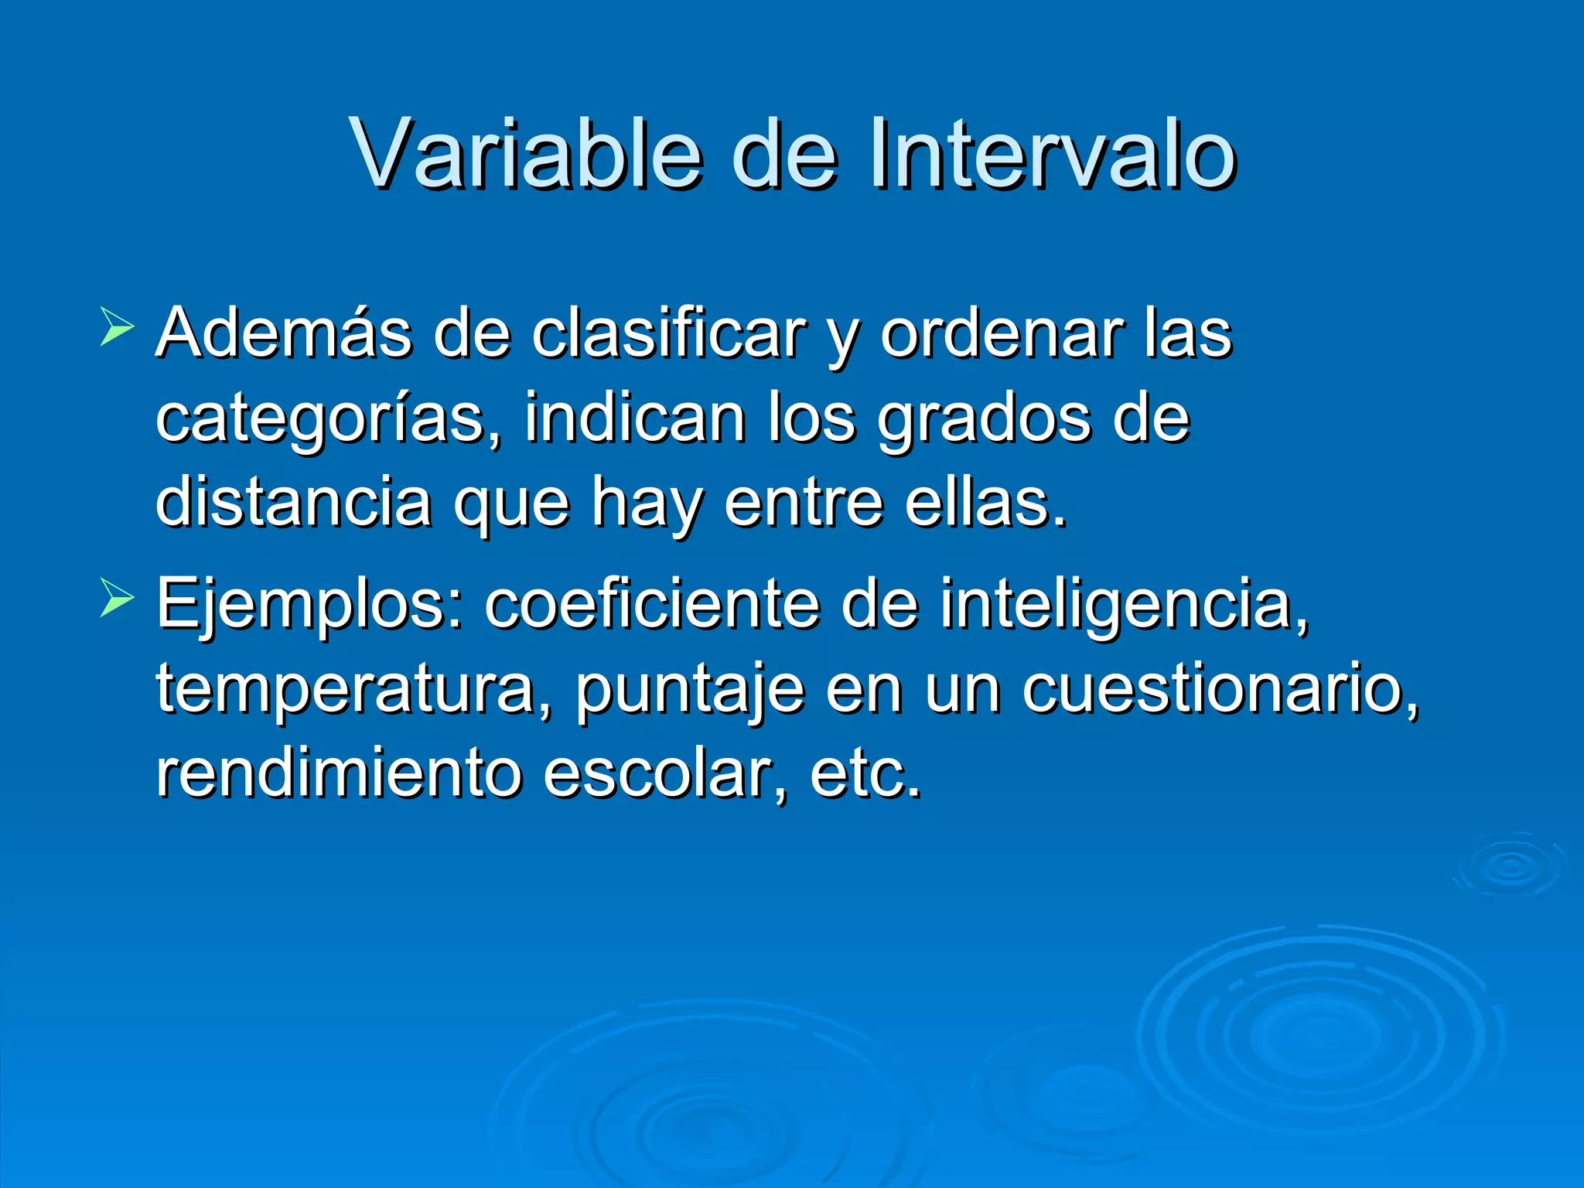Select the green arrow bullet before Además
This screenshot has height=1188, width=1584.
[117, 328]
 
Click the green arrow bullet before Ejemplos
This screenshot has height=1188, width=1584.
[117, 599]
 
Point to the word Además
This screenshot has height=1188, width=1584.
[283, 334]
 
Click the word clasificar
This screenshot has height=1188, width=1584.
[668, 334]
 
